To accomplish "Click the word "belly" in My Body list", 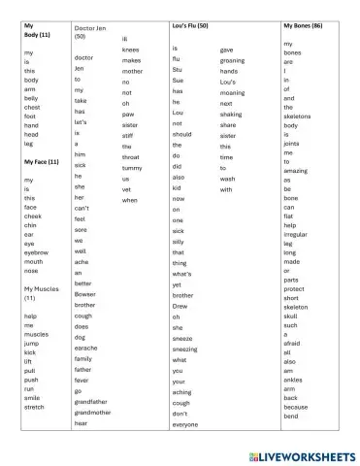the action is click(32, 98).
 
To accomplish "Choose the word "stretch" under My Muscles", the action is click(34, 407).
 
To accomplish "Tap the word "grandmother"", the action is click(93, 412).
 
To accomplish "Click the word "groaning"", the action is click(234, 60).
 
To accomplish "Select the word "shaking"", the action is click(232, 114).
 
